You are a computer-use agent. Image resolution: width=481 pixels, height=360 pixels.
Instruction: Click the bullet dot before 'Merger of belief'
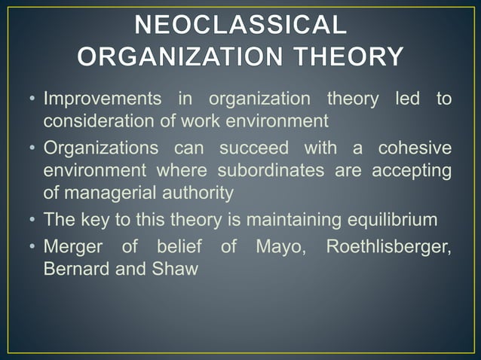32,246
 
